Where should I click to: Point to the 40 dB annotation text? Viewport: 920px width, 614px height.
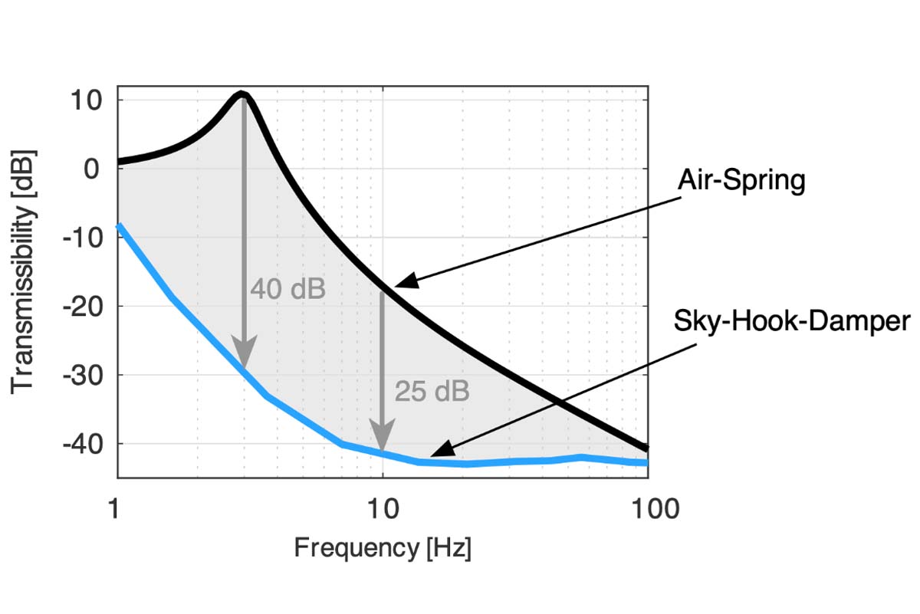point(287,289)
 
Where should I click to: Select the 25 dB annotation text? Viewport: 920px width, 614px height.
point(432,391)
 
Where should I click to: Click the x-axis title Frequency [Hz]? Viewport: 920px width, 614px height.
point(383,548)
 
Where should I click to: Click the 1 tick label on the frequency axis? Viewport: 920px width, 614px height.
point(117,508)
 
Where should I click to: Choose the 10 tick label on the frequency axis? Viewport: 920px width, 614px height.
point(382,508)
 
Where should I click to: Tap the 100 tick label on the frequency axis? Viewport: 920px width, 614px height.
point(647,508)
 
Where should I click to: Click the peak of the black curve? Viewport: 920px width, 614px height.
point(242,94)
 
